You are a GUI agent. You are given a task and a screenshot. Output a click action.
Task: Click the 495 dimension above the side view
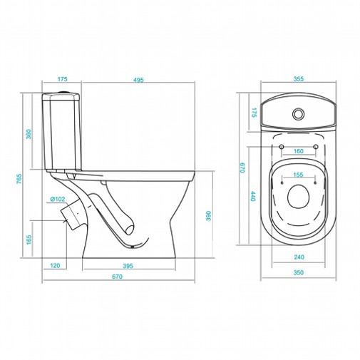[x=138, y=80]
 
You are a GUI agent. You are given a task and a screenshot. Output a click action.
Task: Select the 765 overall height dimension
[x=19, y=179]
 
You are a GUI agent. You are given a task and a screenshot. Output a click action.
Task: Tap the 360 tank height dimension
[x=29, y=134]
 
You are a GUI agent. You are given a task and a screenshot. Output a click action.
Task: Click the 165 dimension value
[x=29, y=240]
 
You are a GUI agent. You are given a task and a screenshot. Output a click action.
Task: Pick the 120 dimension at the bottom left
[x=55, y=265]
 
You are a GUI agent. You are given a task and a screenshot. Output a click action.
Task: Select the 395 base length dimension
[x=128, y=266]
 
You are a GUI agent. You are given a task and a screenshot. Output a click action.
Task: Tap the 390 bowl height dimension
[x=208, y=216]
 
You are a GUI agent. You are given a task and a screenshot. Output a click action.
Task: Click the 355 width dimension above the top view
[x=299, y=78]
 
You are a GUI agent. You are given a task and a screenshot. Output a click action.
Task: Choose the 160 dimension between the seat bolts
[x=299, y=151]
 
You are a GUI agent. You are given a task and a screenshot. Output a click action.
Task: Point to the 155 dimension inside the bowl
[x=298, y=175]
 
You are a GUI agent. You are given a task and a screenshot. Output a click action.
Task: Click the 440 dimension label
[x=252, y=196]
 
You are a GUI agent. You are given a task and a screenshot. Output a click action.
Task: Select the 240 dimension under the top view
[x=299, y=257]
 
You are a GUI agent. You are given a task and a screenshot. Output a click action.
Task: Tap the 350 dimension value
[x=299, y=272]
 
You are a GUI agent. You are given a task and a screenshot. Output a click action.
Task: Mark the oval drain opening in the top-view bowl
[x=299, y=197]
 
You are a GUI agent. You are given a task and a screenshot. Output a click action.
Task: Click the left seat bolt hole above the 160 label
[x=282, y=147]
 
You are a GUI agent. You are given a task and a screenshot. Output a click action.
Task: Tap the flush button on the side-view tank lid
[x=64, y=91]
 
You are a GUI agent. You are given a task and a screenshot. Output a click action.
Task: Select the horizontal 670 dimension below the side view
[x=118, y=277]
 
